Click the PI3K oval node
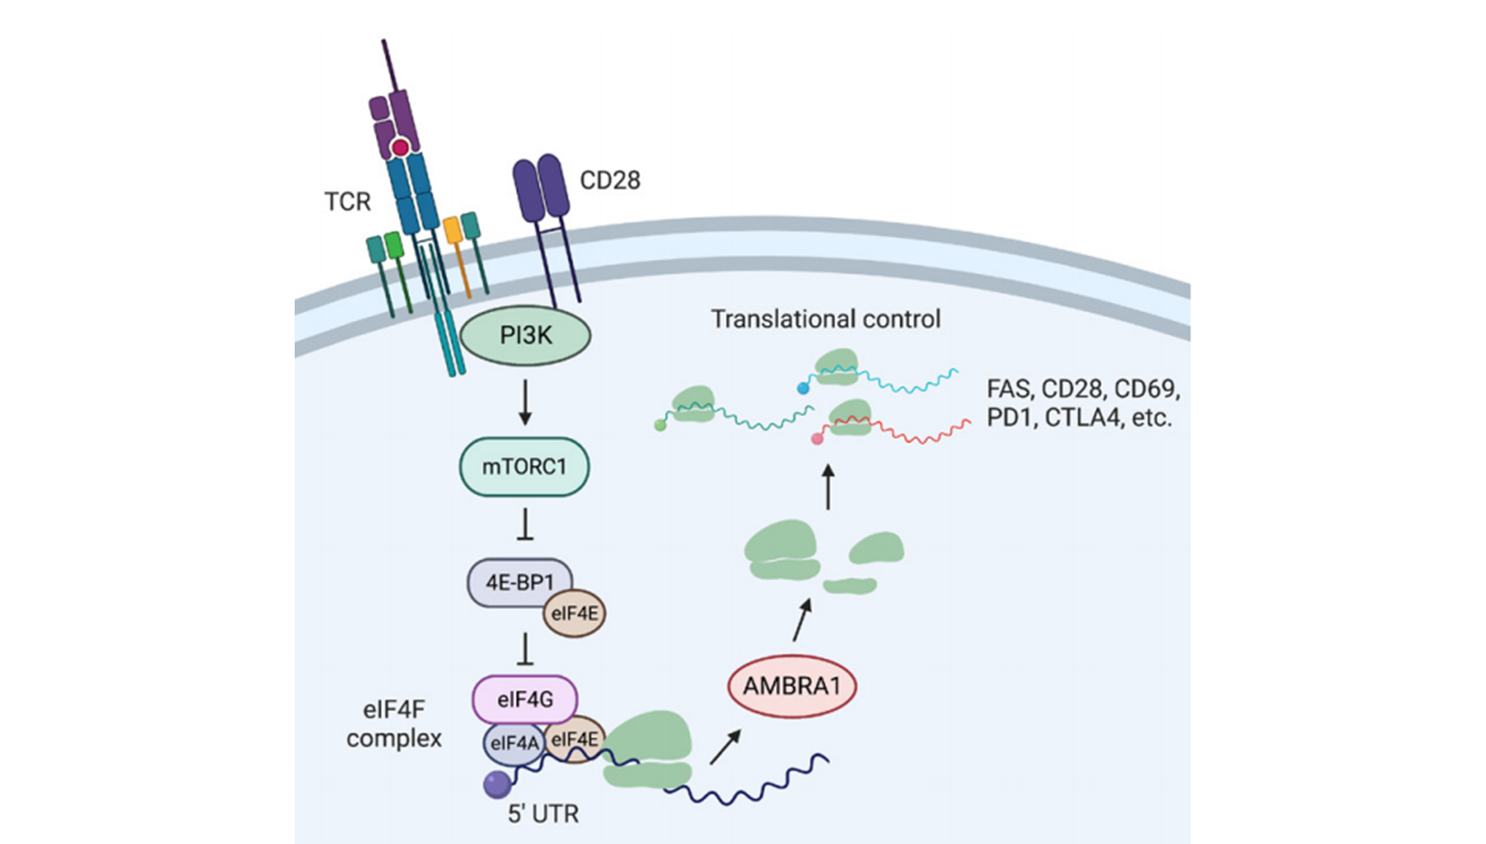[525, 336]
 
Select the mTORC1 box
[524, 467]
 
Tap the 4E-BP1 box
[518, 582]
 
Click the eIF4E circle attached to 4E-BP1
[575, 614]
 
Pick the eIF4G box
[524, 700]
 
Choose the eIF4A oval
[513, 744]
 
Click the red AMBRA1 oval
[792, 686]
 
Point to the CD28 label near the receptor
[610, 181]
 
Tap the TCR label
[347, 202]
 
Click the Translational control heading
[825, 319]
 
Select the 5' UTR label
[543, 814]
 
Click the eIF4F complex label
[394, 724]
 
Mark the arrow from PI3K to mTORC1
[525, 403]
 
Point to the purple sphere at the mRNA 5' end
[497, 785]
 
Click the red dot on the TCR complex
[400, 149]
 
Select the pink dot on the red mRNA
[816, 439]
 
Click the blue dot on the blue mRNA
[803, 388]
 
